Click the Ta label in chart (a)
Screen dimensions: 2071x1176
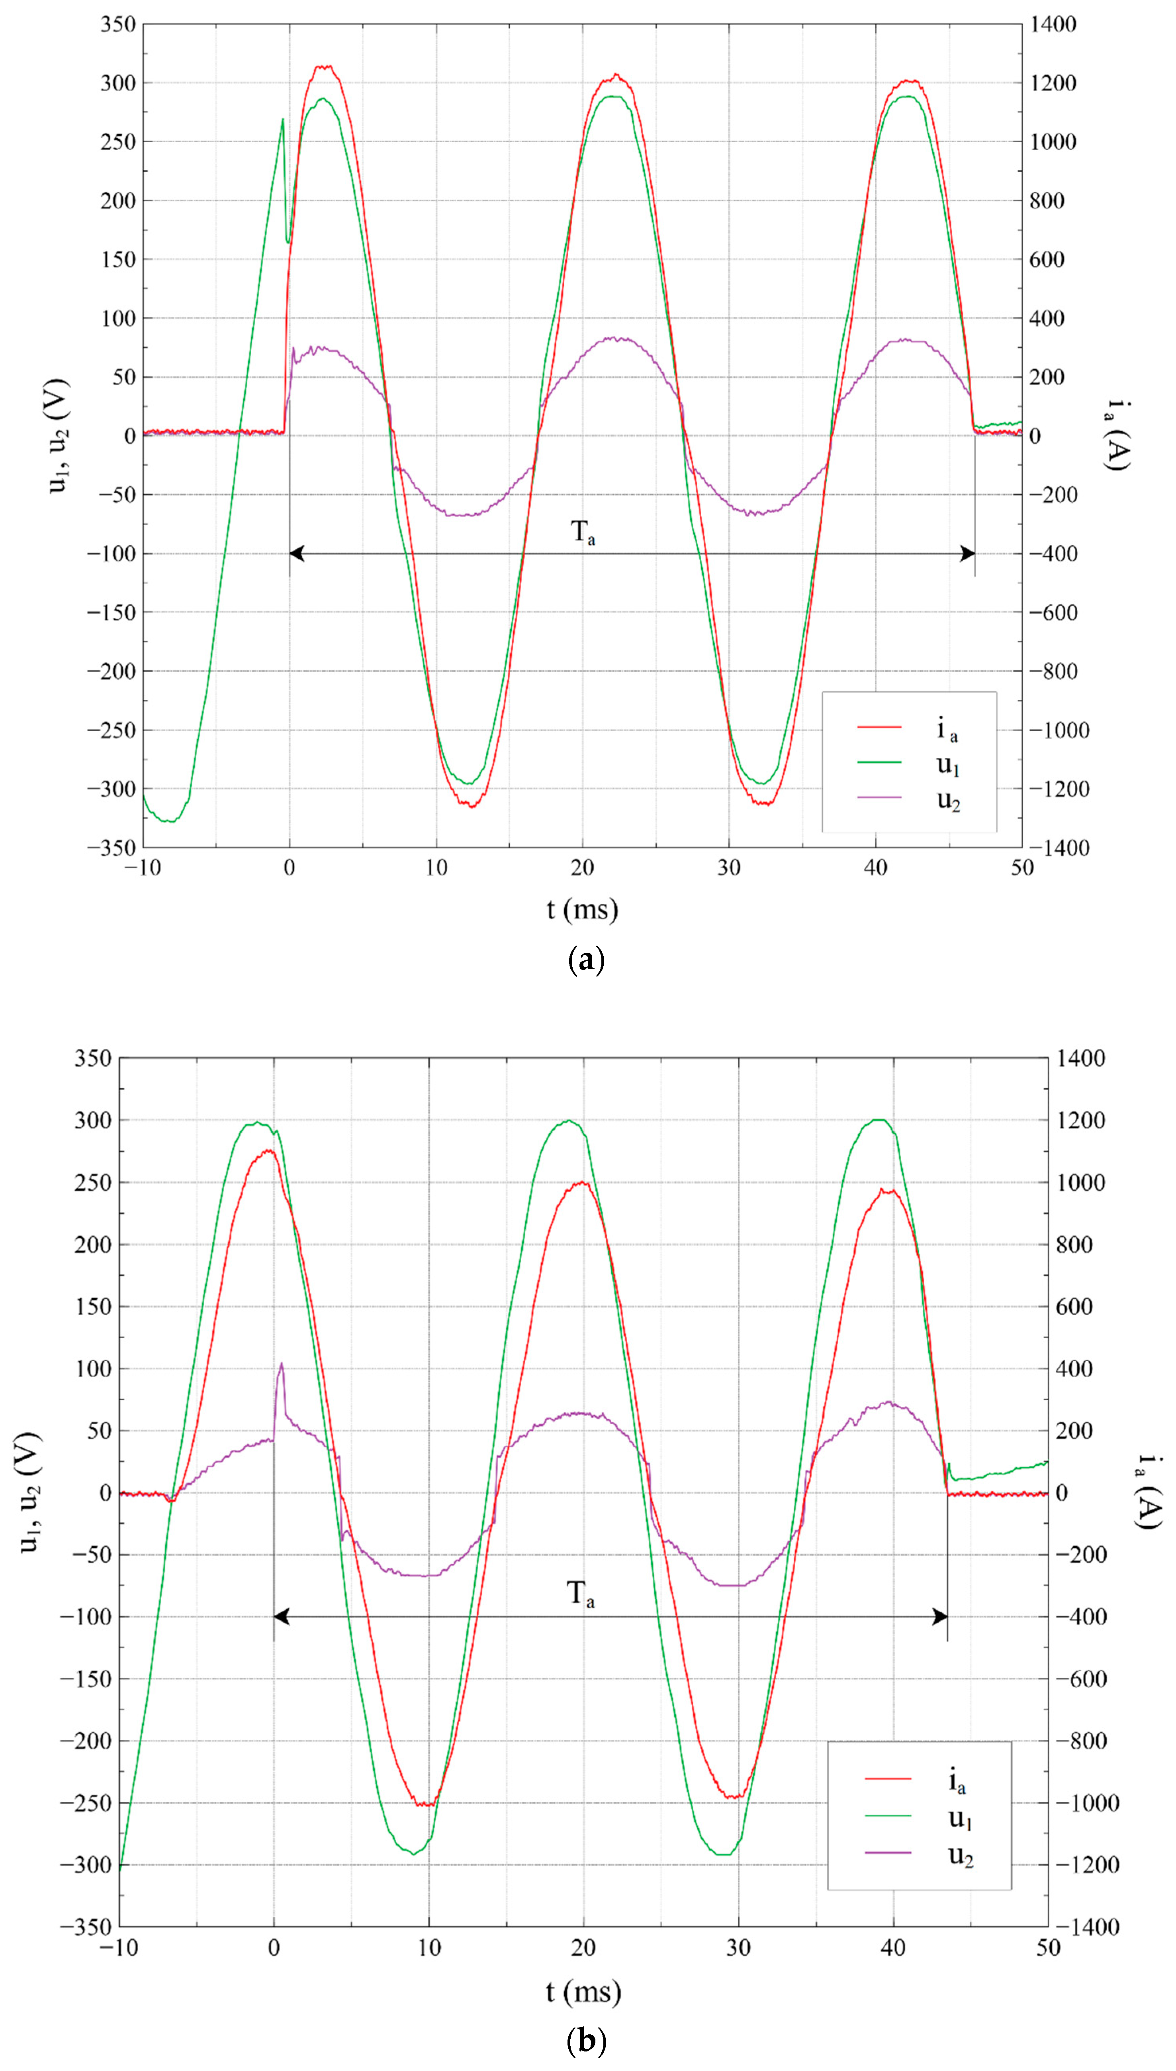click(x=583, y=533)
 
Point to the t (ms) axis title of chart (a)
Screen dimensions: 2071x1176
click(x=581, y=910)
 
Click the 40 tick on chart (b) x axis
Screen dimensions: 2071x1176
click(x=893, y=1948)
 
